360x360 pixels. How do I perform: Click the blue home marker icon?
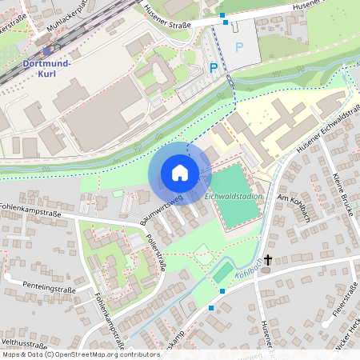[x=180, y=173]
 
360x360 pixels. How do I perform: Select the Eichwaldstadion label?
[x=234, y=195]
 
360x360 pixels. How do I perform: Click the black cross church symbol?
[x=267, y=260]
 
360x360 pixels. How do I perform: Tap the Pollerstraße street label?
[x=155, y=252]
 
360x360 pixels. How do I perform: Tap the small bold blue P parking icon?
[x=214, y=69]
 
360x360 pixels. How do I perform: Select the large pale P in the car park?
[x=238, y=47]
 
